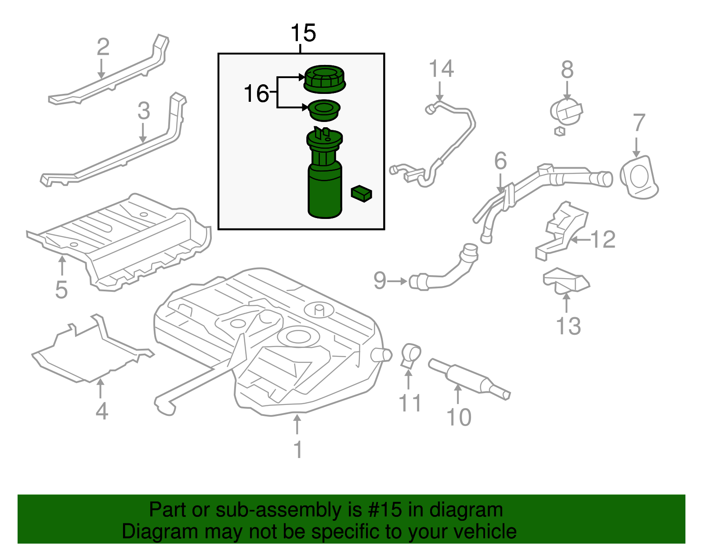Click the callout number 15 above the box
tap(303, 33)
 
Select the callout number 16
tap(256, 94)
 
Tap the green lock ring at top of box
tap(325, 79)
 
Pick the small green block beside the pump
tap(361, 193)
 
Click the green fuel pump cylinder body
tap(325, 193)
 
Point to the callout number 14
tap(441, 69)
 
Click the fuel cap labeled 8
tap(566, 112)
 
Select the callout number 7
tap(639, 123)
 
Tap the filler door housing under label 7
tap(638, 177)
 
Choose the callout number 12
tap(602, 240)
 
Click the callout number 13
tap(568, 326)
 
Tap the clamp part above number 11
tap(410, 355)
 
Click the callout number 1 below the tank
tap(298, 449)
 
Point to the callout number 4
tap(101, 411)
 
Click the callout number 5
tap(62, 290)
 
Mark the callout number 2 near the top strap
tap(103, 47)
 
